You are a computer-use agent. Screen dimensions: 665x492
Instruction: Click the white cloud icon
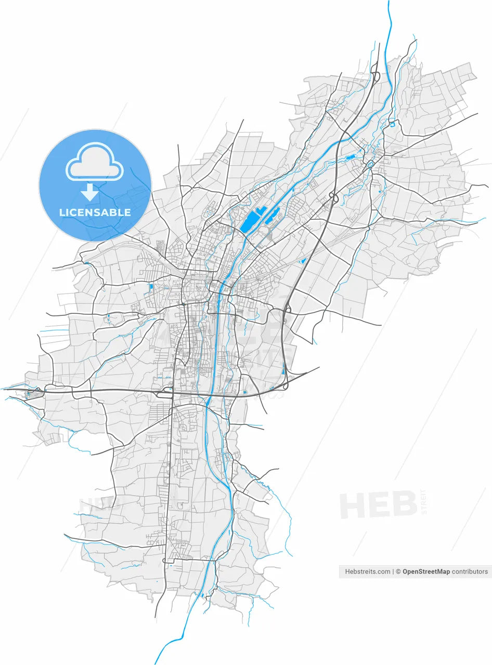(95, 162)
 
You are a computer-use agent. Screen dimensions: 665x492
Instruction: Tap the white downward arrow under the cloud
(90, 192)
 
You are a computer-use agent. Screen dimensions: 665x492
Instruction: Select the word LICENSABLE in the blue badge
(95, 212)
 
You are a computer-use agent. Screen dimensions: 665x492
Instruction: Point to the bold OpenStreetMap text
(426, 571)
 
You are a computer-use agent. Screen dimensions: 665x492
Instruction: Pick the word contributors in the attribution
(470, 571)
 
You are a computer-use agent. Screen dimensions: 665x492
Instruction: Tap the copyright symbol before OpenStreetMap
(398, 571)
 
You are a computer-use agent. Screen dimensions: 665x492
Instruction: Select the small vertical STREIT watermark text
(423, 501)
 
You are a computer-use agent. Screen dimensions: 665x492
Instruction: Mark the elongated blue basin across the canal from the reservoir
(273, 216)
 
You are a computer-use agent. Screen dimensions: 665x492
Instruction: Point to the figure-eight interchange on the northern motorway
(333, 197)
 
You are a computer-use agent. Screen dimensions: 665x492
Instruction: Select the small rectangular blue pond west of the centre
(151, 287)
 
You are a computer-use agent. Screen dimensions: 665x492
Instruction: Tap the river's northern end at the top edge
(388, 3)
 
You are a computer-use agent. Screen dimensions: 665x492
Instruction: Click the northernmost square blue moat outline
(392, 124)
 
